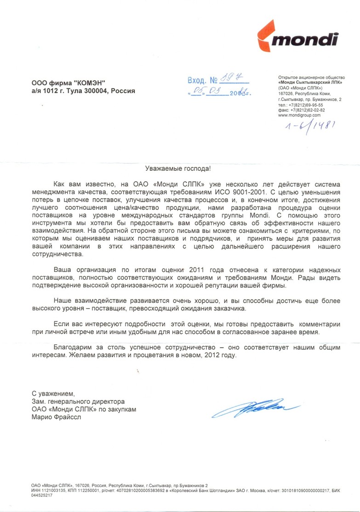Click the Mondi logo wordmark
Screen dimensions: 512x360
pos(305,41)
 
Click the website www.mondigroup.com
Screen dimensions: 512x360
pos(299,115)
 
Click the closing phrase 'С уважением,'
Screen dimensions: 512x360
pos(53,394)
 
